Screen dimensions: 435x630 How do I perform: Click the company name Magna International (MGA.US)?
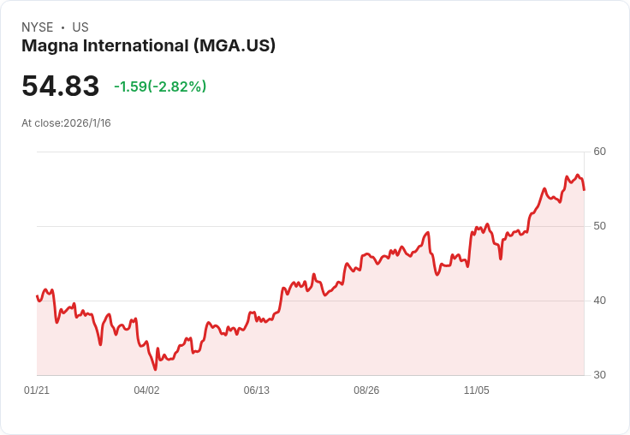(x=148, y=46)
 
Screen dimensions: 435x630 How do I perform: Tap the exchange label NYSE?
(x=37, y=27)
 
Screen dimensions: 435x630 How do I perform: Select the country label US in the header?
(x=80, y=27)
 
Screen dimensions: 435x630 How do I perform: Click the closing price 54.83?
(x=61, y=86)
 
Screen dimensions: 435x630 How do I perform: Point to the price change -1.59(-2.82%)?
(x=160, y=86)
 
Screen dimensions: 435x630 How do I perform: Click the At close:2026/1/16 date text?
(x=66, y=123)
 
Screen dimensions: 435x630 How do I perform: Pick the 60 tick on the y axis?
(x=599, y=152)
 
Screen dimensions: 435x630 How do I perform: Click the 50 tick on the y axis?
(x=599, y=226)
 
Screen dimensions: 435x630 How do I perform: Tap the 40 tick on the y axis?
(x=599, y=301)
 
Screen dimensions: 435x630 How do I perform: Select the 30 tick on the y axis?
(x=599, y=375)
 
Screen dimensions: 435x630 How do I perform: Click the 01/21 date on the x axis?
(x=37, y=390)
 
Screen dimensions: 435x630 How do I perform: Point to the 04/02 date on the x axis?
(x=146, y=390)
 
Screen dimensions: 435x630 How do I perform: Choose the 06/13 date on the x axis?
(x=256, y=390)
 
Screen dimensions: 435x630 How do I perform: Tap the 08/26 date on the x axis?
(x=366, y=390)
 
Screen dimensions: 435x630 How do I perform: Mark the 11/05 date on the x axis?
(x=476, y=390)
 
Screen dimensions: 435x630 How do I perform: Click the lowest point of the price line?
(x=155, y=369)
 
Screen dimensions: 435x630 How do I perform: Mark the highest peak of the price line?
(x=579, y=176)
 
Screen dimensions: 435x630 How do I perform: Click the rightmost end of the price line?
(x=584, y=189)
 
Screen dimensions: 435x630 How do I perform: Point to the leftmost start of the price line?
(x=37, y=296)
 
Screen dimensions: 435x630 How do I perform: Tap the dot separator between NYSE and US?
(x=62, y=27)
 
